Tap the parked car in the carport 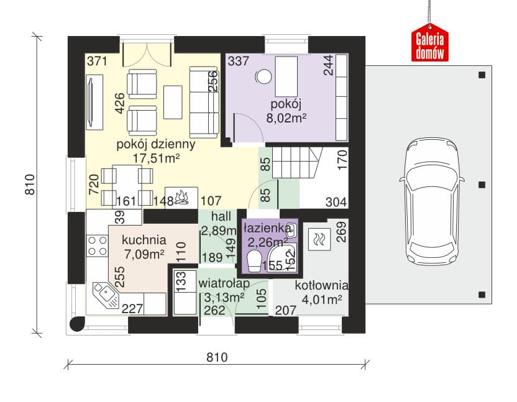432,202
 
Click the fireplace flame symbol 181,198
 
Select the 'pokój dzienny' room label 155,144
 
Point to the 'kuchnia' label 144,240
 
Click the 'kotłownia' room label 321,286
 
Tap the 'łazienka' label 267,228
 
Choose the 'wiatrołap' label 224,283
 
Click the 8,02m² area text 286,117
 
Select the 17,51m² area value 156,158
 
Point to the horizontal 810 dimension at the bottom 217,357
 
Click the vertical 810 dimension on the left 30,185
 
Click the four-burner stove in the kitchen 98,245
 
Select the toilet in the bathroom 254,261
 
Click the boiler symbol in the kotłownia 319,239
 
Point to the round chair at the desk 263,77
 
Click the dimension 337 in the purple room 239,61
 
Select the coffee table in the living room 173,103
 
